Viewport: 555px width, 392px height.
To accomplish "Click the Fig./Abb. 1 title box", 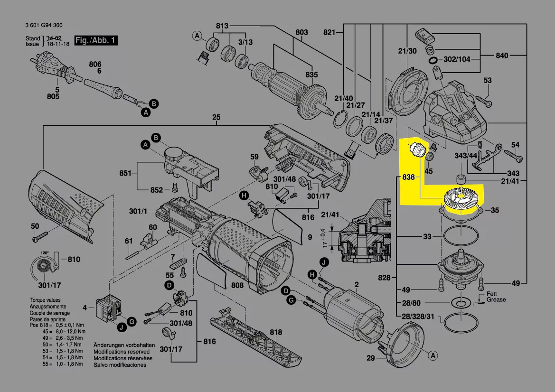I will point(96,40).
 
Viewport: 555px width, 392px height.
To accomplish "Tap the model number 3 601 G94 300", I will point(44,25).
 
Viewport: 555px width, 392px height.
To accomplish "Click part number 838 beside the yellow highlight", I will point(408,177).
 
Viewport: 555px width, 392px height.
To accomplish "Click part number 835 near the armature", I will point(311,75).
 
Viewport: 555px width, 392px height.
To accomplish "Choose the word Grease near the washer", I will point(496,299).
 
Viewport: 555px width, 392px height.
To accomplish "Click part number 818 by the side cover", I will point(275,333).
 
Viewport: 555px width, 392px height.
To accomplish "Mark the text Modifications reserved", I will point(121,352).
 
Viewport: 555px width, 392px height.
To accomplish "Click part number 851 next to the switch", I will point(125,174).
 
